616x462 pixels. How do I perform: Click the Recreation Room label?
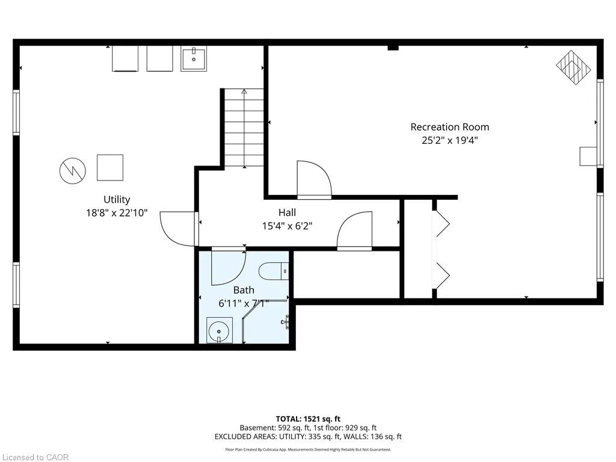point(449,127)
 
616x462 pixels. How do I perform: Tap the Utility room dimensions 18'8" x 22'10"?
point(117,213)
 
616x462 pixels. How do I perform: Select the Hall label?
point(287,212)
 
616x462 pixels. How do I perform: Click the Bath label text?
point(244,290)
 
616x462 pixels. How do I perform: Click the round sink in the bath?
point(219,330)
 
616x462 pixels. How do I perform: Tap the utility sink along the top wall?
point(194,59)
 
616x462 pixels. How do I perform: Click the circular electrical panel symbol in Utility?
point(73,171)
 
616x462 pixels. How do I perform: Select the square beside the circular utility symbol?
point(110,168)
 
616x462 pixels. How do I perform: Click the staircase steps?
point(244,128)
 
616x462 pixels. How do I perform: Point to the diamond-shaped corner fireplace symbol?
point(573,67)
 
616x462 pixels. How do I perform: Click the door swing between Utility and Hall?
point(177,229)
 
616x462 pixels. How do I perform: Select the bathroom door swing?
point(229,267)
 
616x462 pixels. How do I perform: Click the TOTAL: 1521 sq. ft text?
point(308,419)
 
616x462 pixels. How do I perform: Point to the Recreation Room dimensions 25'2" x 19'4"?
point(450,140)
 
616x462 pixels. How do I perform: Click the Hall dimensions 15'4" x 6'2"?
point(287,226)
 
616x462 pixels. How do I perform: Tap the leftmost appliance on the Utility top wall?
point(125,59)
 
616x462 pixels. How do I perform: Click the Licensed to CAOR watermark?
point(34,457)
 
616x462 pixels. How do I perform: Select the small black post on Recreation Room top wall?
point(393,48)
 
